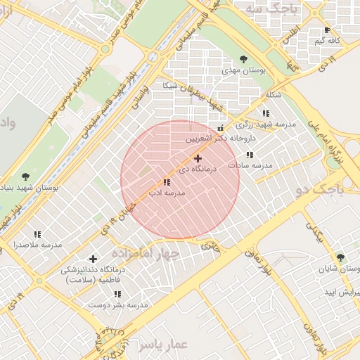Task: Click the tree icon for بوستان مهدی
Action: point(243,59)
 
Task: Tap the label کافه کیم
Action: point(328,41)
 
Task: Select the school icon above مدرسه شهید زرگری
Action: point(266,112)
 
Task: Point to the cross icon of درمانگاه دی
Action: point(198,158)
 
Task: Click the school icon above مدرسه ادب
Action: point(166,182)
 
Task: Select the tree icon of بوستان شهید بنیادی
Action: point(26,176)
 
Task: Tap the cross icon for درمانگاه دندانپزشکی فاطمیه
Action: point(93,259)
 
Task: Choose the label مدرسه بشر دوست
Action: point(117,305)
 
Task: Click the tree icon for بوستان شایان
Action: point(341,258)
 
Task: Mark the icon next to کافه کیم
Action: point(328,30)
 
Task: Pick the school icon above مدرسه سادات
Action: point(250,155)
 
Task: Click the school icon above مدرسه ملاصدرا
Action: point(37,234)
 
